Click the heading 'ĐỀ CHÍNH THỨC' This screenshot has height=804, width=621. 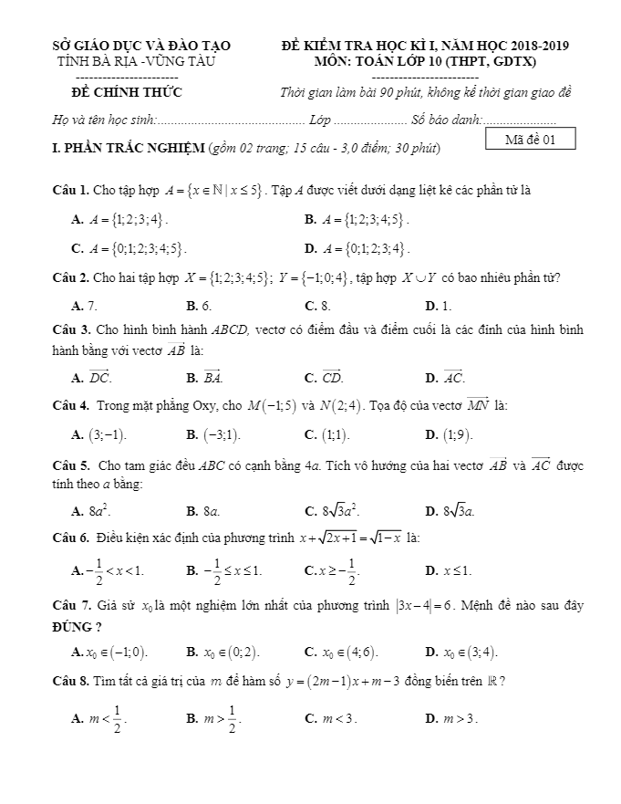click(127, 92)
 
